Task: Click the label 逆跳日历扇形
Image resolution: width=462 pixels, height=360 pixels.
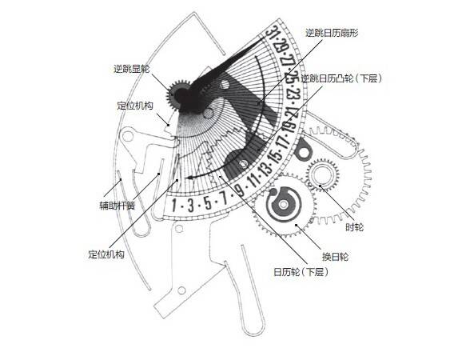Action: click(332, 33)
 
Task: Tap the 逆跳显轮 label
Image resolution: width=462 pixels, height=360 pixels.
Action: click(132, 69)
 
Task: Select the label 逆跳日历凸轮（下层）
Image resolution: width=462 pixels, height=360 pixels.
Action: click(341, 78)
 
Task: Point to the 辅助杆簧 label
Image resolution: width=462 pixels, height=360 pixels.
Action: click(117, 206)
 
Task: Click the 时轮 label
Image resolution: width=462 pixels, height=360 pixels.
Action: click(354, 227)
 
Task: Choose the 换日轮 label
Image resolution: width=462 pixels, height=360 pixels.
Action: click(335, 257)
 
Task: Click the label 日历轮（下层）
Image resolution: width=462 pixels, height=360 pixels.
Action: click(301, 271)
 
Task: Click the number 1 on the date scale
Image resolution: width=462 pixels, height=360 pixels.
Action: click(174, 206)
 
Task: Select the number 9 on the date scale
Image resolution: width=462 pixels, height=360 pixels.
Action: click(241, 190)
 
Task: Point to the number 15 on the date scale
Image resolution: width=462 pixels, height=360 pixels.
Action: click(277, 156)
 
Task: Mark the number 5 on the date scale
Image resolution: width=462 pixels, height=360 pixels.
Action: click(208, 203)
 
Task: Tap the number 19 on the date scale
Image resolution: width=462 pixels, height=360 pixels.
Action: click(289, 126)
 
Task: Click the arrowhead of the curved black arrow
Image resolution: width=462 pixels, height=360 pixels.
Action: click(189, 178)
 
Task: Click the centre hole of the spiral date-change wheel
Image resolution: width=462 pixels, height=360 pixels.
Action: click(284, 205)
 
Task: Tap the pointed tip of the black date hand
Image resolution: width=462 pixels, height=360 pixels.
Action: click(264, 38)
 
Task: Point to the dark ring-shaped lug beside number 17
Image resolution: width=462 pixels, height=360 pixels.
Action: click(303, 149)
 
